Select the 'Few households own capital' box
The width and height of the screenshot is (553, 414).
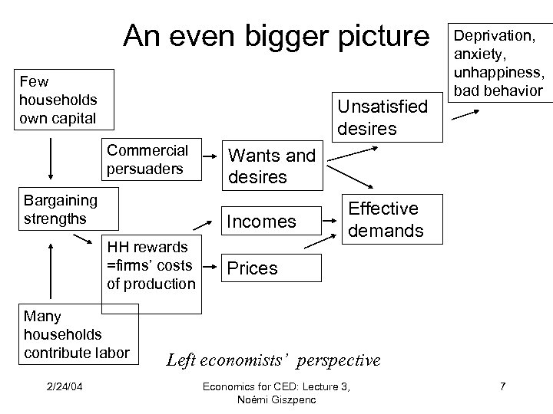[58, 99]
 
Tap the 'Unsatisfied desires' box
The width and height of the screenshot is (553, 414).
[382, 117]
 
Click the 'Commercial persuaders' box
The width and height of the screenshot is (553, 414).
[147, 158]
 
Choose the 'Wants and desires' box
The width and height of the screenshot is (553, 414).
[272, 166]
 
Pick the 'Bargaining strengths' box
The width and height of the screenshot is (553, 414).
[61, 209]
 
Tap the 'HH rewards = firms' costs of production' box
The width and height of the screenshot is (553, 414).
[151, 265]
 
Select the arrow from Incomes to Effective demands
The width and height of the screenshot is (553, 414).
[332, 219]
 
